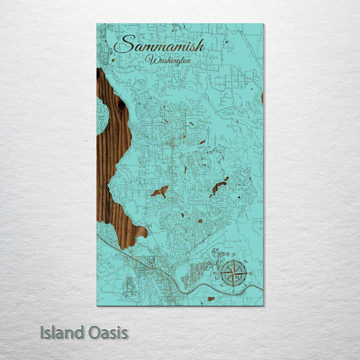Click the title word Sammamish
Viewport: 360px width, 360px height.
pos(159,46)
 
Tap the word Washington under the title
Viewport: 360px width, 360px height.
pos(168,60)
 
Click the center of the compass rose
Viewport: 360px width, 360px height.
pos(233,273)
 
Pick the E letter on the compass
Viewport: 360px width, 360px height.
pos(251,273)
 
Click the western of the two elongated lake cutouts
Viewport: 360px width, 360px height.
pos(160,191)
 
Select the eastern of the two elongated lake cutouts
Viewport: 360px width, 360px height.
pos(219,186)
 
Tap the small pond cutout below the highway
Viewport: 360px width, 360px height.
pos(211,299)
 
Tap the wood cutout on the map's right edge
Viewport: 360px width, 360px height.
pos(262,98)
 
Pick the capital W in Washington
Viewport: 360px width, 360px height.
pos(149,60)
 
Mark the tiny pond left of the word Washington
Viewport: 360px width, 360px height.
pos(113,60)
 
